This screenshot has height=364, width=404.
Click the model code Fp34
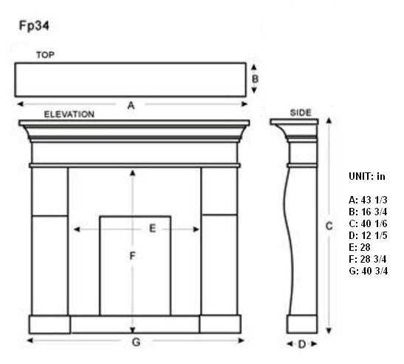[34, 26]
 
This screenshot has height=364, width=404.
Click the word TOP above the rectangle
[45, 55]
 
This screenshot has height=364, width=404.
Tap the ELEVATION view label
[69, 114]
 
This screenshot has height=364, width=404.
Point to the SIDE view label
[301, 112]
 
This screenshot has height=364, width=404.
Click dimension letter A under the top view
[131, 105]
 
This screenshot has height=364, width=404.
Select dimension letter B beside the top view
[255, 78]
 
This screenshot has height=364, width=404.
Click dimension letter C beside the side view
[329, 226]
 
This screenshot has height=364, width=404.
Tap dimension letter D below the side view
[302, 344]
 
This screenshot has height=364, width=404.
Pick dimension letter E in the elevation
[153, 229]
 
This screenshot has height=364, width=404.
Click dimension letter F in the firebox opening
[132, 256]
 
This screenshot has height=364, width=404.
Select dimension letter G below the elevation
[136, 342]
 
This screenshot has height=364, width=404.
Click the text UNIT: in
[367, 176]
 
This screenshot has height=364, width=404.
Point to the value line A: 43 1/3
[368, 200]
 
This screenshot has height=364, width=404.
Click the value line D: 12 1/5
[368, 235]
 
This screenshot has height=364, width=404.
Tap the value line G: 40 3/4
[369, 271]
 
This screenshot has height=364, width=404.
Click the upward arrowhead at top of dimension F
[132, 173]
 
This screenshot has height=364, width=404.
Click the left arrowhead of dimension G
[30, 340]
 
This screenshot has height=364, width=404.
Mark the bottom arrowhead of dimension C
[329, 331]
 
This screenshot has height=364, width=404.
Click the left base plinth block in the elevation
[49, 324]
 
